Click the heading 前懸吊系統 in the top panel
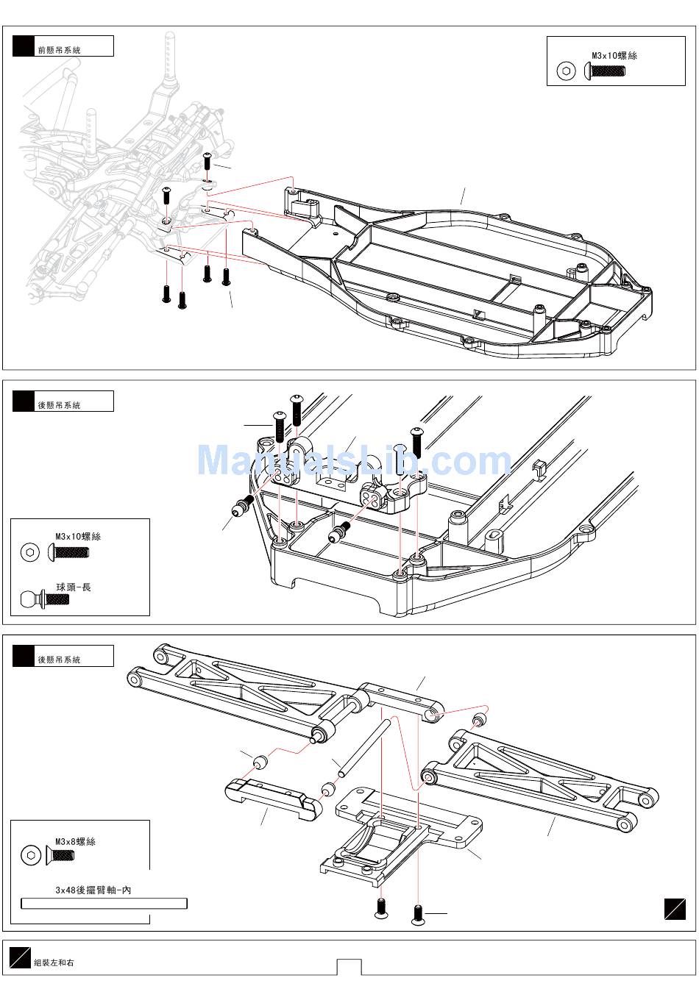coord(59,50)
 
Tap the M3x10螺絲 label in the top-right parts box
coord(614,56)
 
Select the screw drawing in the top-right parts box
coord(604,71)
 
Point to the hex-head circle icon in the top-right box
coord(566,71)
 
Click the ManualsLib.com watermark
coord(354,460)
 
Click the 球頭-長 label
coord(74,587)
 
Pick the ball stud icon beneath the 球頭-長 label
coord(45,599)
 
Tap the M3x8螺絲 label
coord(76,841)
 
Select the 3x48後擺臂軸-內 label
coord(93,890)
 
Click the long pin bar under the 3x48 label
coord(104,904)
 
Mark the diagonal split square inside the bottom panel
coord(675,910)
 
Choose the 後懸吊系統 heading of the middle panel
coord(59,405)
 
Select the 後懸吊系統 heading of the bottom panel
coord(59,660)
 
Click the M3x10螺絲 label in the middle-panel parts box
coord(78,537)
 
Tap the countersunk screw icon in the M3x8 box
coord(60,855)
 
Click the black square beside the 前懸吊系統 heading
coord(24,46)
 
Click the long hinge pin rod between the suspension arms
coord(365,746)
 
